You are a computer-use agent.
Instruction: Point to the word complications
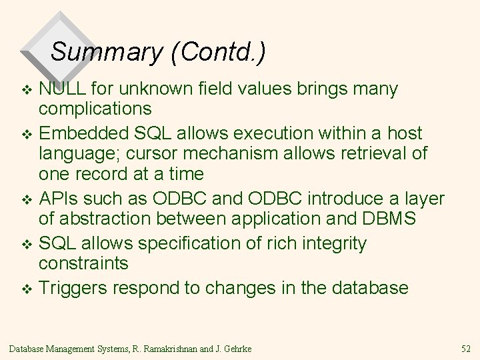click(x=104, y=109)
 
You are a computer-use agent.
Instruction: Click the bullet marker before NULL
click(x=27, y=90)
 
